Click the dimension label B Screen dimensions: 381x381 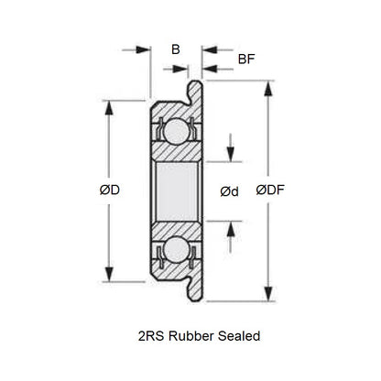click(x=174, y=50)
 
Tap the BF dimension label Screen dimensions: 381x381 click(x=245, y=60)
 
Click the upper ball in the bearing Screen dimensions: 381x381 click(x=173, y=132)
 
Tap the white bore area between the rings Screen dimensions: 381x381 click(x=173, y=190)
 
